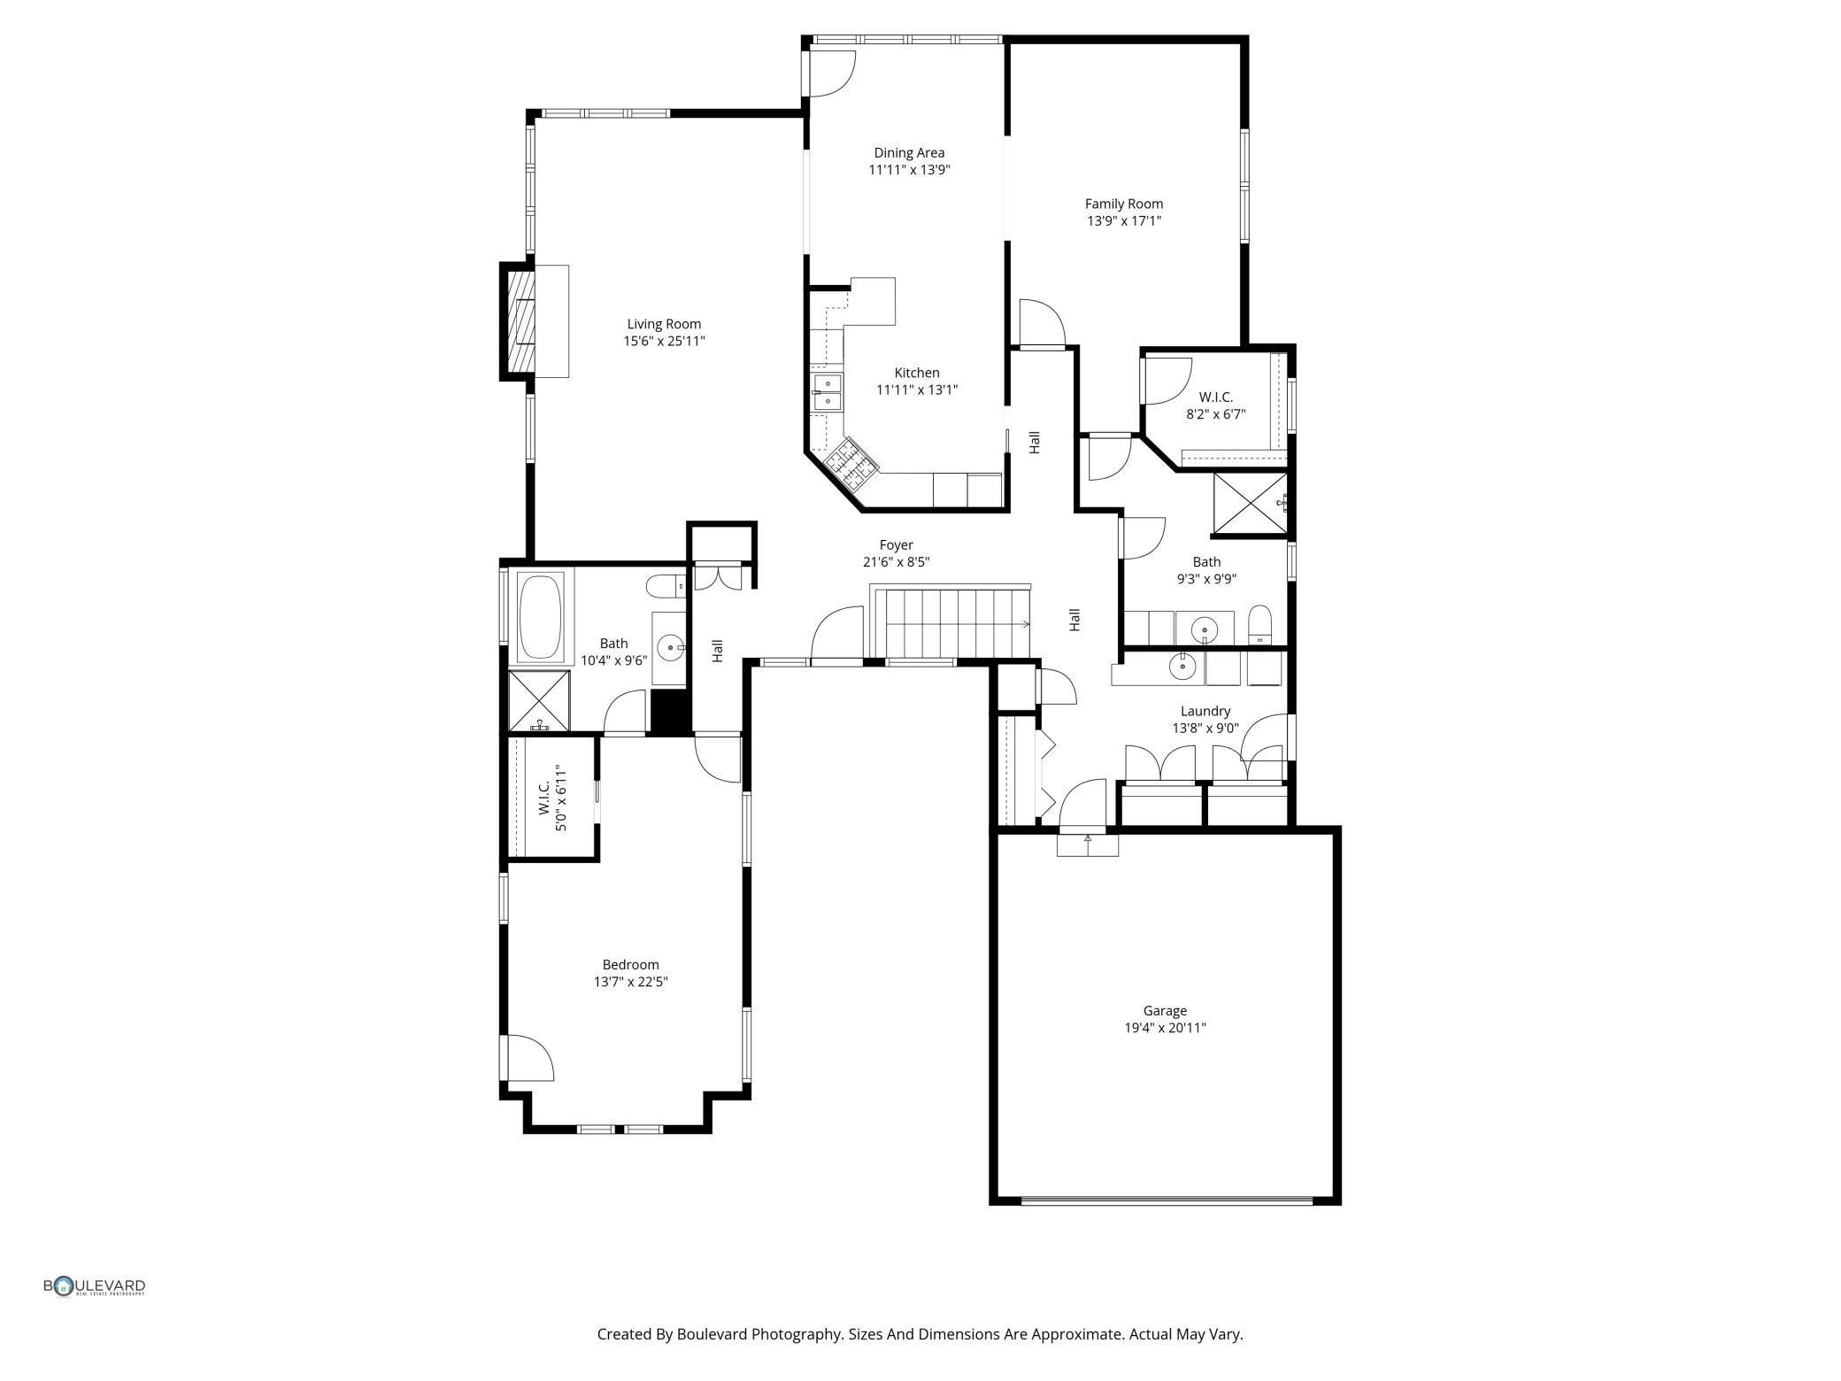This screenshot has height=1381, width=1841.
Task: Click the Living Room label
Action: point(664,324)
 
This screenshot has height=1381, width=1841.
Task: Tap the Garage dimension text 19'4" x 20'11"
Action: point(1165,1028)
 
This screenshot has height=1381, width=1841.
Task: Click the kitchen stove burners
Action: point(851,465)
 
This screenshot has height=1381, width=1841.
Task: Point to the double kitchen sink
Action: point(827,392)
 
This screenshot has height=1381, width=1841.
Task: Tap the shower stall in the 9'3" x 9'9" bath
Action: point(1250,505)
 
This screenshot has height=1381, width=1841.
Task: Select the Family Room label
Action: point(1124,204)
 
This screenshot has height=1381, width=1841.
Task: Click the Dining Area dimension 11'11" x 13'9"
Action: point(909,170)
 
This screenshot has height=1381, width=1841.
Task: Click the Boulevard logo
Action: point(95,1286)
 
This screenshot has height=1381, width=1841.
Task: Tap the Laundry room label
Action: point(1206,711)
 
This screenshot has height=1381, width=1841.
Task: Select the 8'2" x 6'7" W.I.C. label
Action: point(1216,397)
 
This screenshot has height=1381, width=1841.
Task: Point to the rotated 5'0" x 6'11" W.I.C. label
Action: point(551,798)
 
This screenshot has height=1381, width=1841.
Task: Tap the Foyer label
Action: point(896,545)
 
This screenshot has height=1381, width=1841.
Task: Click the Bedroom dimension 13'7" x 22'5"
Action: point(630,982)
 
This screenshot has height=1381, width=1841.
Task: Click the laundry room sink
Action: point(1182,667)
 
